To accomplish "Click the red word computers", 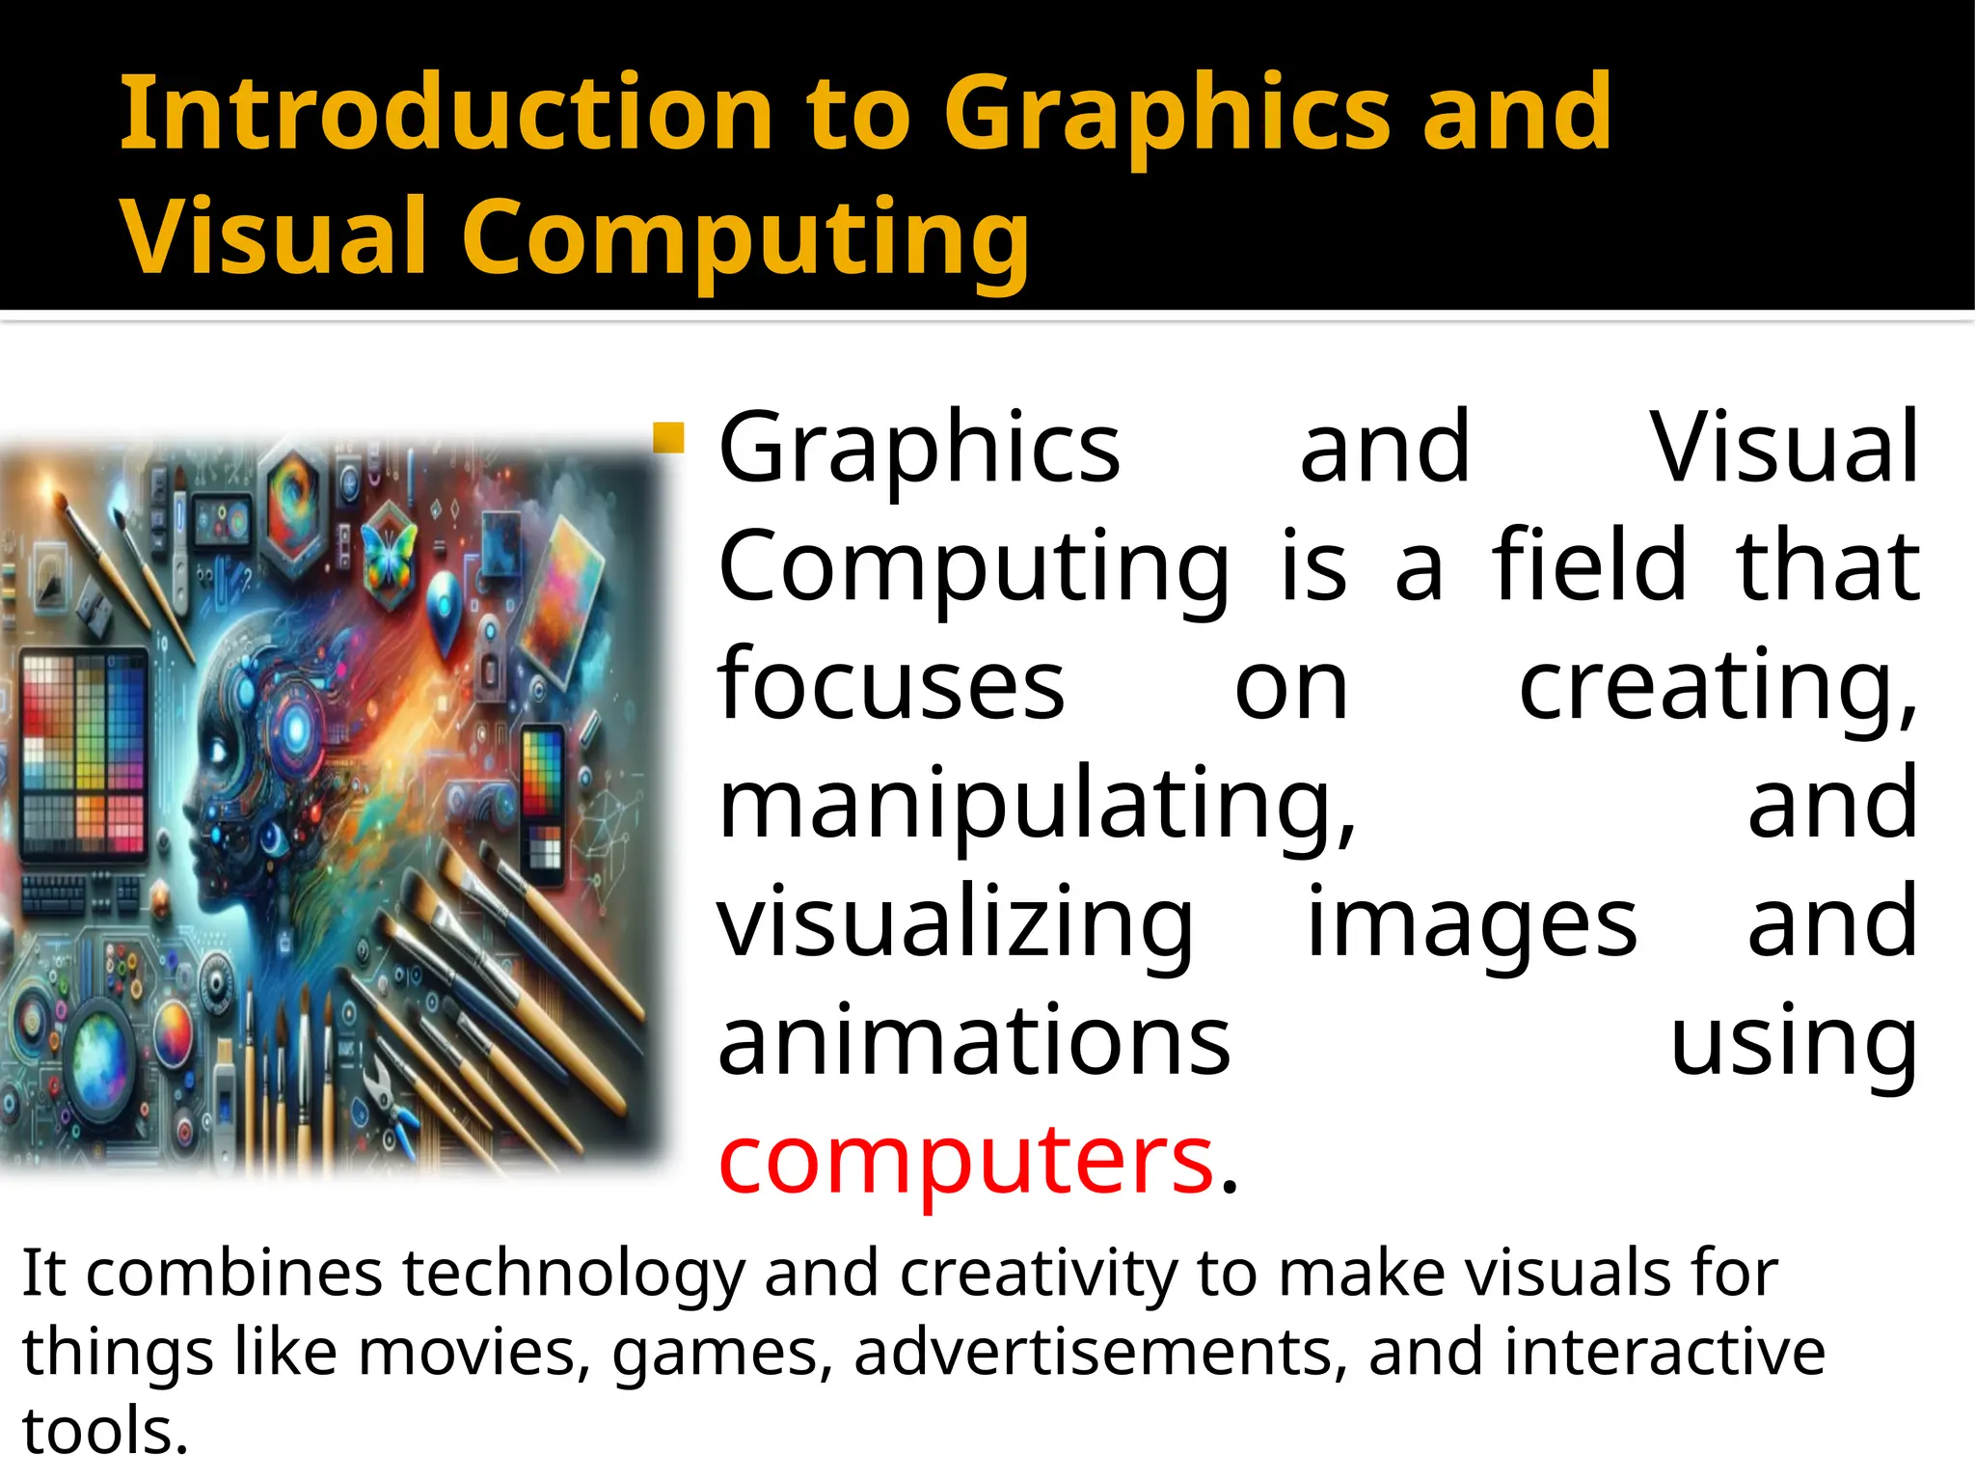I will [965, 1159].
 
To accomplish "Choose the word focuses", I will [891, 684].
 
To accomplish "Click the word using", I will [1793, 1042].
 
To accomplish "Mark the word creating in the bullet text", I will [1718, 684].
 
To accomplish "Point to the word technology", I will [574, 1275].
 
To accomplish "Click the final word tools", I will [104, 1430].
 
